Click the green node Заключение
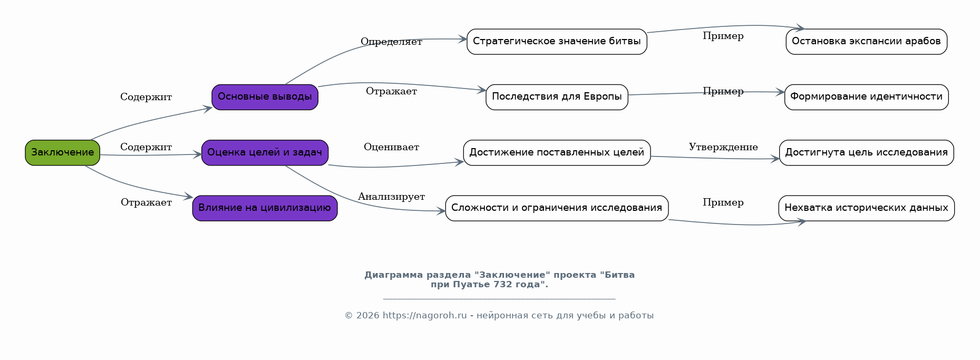(x=62, y=153)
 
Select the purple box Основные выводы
(x=265, y=97)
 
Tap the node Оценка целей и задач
(x=265, y=153)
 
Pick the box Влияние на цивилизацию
(x=265, y=208)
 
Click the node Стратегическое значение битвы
(x=557, y=42)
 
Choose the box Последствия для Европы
(x=557, y=97)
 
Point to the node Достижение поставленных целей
(x=557, y=153)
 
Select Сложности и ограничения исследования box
(x=557, y=208)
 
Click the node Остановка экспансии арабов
(x=866, y=42)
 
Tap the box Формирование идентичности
(x=866, y=97)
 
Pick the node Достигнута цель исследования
(x=866, y=153)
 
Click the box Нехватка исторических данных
(x=866, y=208)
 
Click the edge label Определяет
(x=391, y=42)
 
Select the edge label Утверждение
(x=723, y=147)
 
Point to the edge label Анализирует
(x=391, y=197)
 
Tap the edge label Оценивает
(x=391, y=147)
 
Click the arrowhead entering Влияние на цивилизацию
(x=189, y=197)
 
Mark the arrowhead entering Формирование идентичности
(x=780, y=92)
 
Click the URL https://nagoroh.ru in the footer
(x=425, y=316)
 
